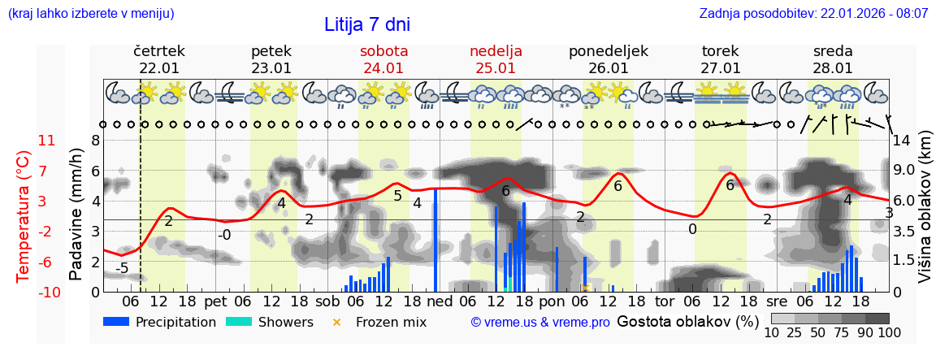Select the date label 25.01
(x=496, y=68)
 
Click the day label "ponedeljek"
(x=609, y=51)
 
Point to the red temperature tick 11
(x=46, y=141)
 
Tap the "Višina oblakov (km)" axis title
(x=925, y=216)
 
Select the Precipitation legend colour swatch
(x=116, y=322)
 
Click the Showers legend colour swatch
(x=238, y=322)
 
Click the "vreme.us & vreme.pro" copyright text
(x=540, y=323)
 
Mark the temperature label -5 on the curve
(x=122, y=268)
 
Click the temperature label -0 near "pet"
(x=224, y=236)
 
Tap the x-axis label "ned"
(x=440, y=301)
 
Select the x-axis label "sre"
(x=778, y=301)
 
